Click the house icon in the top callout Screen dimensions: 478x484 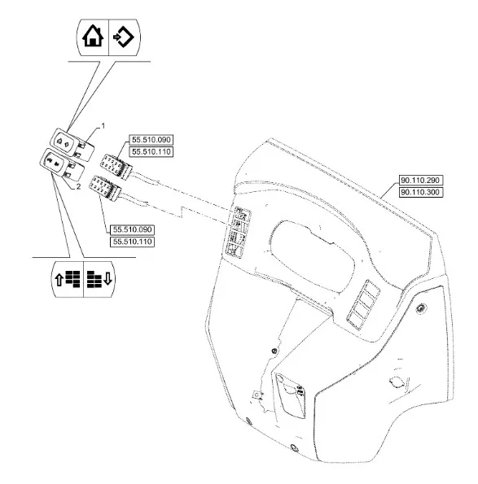coord(93,36)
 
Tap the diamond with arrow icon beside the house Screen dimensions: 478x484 coord(124,37)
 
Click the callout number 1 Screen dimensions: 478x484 coord(103,126)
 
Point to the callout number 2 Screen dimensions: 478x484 coord(78,187)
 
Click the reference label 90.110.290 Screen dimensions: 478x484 coord(421,180)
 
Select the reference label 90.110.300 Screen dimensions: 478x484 coord(421,192)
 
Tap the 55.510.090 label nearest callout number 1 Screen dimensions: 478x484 coord(151,140)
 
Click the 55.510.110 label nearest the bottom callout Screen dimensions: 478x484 coord(132,242)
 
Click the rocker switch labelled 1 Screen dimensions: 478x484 coord(72,144)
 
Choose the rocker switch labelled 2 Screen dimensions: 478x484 coord(62,164)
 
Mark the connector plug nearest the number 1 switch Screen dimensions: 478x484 coord(116,167)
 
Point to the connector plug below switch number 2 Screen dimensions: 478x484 coord(105,188)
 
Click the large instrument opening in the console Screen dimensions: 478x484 coord(311,255)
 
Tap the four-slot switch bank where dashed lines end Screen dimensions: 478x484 coord(238,232)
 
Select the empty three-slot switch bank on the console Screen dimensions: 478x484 coord(363,304)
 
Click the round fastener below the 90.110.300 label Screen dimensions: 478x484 coord(421,308)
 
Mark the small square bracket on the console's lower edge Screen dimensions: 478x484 coord(257,395)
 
